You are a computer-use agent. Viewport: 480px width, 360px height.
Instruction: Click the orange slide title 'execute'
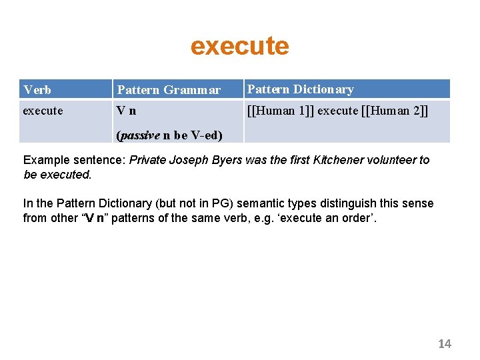pyautogui.click(x=239, y=46)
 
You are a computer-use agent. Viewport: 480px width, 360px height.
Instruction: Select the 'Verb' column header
pyautogui.click(x=37, y=89)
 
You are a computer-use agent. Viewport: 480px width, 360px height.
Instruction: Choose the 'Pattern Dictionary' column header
pyautogui.click(x=300, y=89)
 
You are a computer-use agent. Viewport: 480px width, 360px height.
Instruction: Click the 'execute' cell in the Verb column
pyautogui.click(x=43, y=111)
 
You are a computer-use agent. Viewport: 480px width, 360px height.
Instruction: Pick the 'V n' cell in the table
pyautogui.click(x=127, y=111)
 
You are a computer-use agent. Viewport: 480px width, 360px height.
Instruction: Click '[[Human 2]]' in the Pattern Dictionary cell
pyautogui.click(x=395, y=111)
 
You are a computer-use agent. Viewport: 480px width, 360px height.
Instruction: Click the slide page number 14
pyautogui.click(x=445, y=343)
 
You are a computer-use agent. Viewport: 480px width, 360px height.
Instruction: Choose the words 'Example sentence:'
pyautogui.click(x=74, y=160)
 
